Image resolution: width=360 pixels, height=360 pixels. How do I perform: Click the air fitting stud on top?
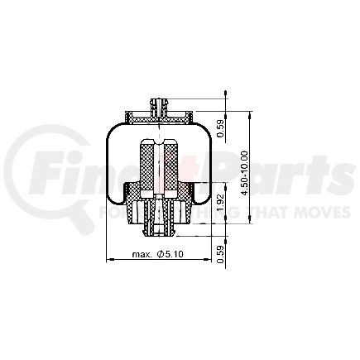click(157, 105)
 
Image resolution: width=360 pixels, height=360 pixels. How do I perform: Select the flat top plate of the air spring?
click(157, 115)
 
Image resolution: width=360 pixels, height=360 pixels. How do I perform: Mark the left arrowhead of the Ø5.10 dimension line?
click(110, 262)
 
